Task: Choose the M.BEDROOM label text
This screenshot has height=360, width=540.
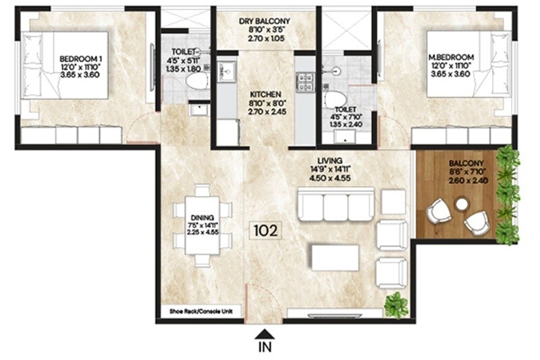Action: (452, 57)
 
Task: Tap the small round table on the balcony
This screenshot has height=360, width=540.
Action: (462, 203)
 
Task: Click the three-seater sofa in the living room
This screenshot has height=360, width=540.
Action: (335, 205)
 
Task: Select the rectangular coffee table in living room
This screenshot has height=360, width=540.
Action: (334, 257)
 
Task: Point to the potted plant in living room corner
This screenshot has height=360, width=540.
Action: (396, 305)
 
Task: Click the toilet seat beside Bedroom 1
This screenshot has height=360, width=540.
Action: (197, 81)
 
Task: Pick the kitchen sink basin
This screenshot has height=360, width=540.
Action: (227, 70)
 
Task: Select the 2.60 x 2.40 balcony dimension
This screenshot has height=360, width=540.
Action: (465, 181)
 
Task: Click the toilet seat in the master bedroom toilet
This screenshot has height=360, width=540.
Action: (335, 99)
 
